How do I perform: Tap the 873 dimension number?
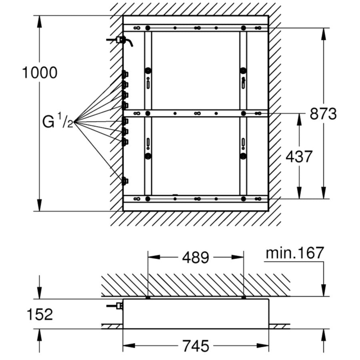(323, 114)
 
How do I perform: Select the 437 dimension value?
(299, 156)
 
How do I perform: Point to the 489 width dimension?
(196, 257)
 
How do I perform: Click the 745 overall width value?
(196, 346)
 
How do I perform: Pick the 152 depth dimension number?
(40, 314)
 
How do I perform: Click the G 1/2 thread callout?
(58, 121)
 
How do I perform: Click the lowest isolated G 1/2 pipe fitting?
(125, 181)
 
